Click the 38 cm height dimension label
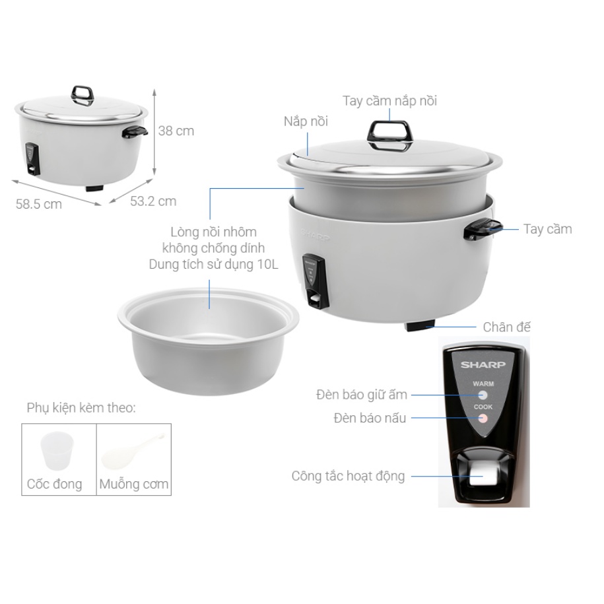tap(176, 131)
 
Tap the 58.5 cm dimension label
tap(38, 204)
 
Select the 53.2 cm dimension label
tap(153, 201)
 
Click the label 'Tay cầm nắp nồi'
tap(390, 101)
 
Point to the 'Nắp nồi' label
tap(306, 121)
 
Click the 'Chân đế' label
tap(506, 327)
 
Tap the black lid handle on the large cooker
tap(390, 135)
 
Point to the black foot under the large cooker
tap(420, 326)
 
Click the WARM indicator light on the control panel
tap(483, 395)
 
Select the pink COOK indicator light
tap(483, 419)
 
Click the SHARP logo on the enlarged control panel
tap(483, 364)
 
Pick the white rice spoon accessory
tap(133, 451)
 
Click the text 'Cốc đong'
tap(54, 484)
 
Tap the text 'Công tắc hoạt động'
tap(349, 476)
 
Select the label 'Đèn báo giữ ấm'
tap(362, 395)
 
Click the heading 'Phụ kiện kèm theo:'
tap(81, 407)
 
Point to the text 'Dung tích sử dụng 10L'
tap(213, 265)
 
